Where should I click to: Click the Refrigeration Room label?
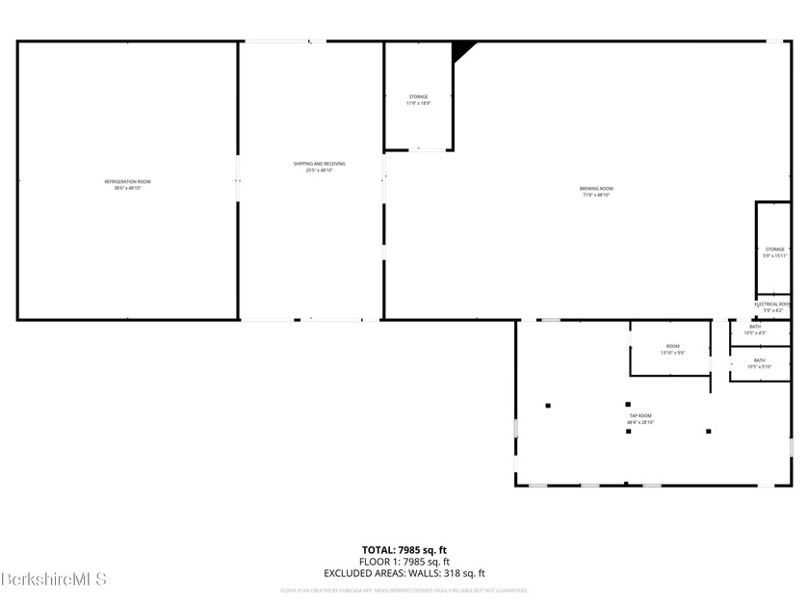click(x=127, y=182)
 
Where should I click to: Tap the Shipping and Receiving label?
click(x=320, y=164)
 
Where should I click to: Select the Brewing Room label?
click(x=596, y=189)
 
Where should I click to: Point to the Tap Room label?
click(x=640, y=415)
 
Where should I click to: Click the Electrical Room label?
click(x=772, y=304)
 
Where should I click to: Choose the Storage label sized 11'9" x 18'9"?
click(x=418, y=96)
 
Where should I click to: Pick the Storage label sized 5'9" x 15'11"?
click(x=774, y=250)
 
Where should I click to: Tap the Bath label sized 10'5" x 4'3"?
click(x=755, y=327)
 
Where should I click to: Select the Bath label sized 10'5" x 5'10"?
click(x=760, y=360)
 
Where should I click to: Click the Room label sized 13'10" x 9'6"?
click(x=672, y=346)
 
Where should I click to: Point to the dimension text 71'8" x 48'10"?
click(x=596, y=196)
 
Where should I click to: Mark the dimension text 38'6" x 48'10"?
click(x=127, y=189)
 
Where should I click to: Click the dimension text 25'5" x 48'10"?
click(x=320, y=171)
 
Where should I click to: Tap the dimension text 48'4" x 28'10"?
click(x=640, y=422)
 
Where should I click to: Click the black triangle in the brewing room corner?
click(x=461, y=49)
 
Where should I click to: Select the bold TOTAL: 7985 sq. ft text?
click(x=404, y=550)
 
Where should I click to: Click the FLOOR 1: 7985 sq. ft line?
click(x=404, y=562)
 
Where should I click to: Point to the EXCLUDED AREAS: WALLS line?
click(x=404, y=573)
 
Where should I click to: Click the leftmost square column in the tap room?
click(x=548, y=405)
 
